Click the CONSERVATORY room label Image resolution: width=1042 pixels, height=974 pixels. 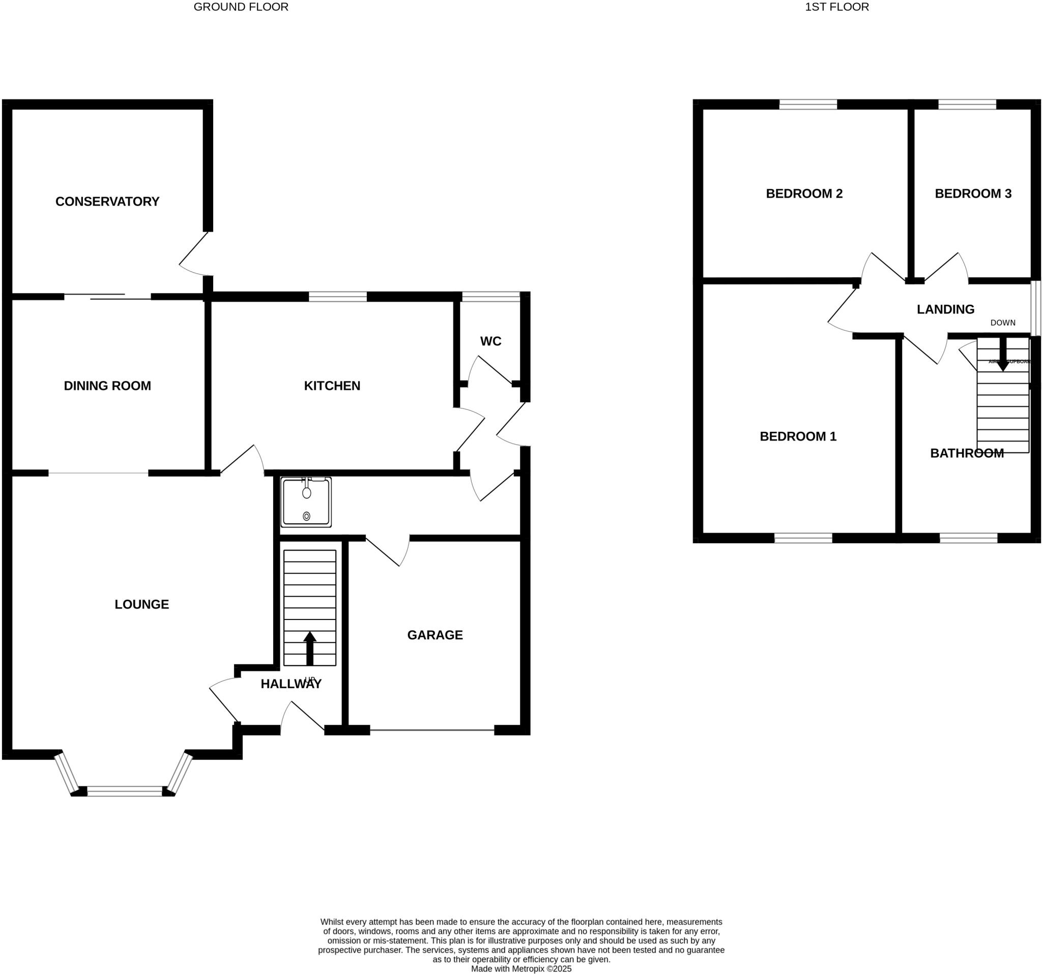[x=107, y=202]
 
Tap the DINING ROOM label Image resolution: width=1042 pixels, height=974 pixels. [x=107, y=386]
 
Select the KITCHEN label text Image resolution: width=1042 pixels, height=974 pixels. [x=332, y=386]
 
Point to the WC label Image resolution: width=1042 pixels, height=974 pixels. [x=490, y=342]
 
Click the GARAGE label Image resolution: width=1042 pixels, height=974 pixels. [x=435, y=636]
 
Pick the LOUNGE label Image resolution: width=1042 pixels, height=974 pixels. [x=141, y=605]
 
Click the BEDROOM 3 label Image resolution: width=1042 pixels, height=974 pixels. [x=973, y=194]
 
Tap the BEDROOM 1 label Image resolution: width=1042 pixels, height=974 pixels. [x=798, y=436]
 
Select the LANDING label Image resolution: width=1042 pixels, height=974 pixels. [x=945, y=310]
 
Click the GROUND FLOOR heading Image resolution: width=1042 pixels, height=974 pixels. [x=241, y=7]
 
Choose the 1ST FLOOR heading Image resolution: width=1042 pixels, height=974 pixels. [x=836, y=7]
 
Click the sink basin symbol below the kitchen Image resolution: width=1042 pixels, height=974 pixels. [x=307, y=502]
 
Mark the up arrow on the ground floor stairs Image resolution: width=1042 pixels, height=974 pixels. [x=310, y=647]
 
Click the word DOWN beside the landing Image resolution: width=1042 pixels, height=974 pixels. [x=1002, y=323]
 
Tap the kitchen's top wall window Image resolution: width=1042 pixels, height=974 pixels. [x=337, y=297]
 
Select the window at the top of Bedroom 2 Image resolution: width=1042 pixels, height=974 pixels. [x=808, y=104]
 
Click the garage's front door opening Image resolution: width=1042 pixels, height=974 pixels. [x=432, y=730]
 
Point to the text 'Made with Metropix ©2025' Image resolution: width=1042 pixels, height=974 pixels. [x=521, y=969]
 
